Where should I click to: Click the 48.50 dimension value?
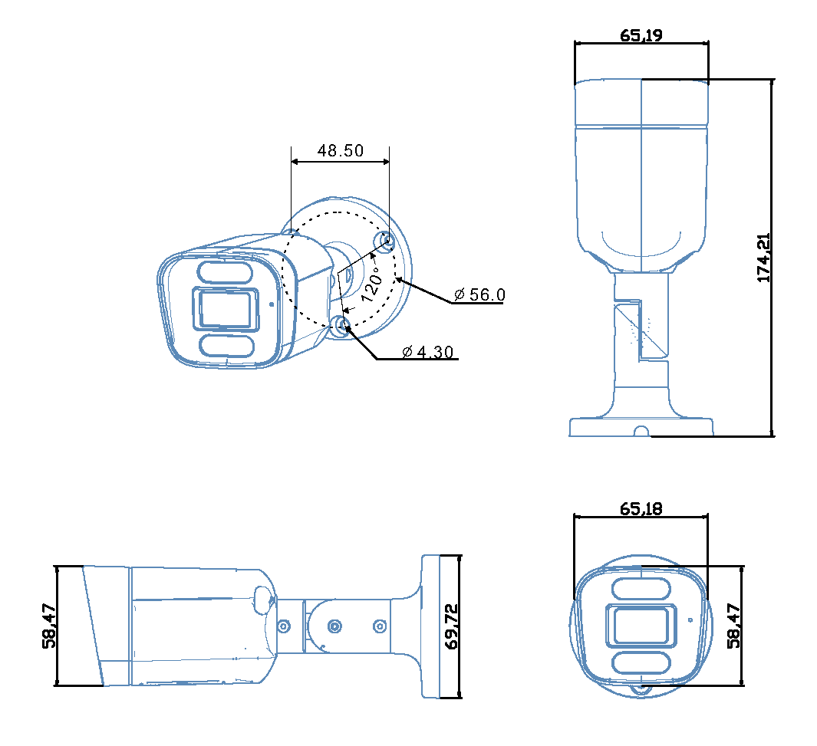click(341, 151)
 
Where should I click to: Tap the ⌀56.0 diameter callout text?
click(479, 294)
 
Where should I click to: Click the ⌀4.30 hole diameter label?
click(428, 352)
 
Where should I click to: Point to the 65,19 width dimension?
click(641, 35)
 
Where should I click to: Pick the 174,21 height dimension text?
click(764, 258)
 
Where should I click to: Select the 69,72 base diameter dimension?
click(451, 626)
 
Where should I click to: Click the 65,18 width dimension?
click(641, 508)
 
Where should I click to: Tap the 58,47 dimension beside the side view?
click(49, 626)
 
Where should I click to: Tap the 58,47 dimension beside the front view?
click(734, 626)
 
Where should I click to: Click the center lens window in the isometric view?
click(225, 309)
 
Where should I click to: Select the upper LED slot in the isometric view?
click(225, 273)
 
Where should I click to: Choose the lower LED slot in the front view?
click(641, 662)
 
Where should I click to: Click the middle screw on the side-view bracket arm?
click(334, 626)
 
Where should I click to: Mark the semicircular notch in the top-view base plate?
click(641, 432)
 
